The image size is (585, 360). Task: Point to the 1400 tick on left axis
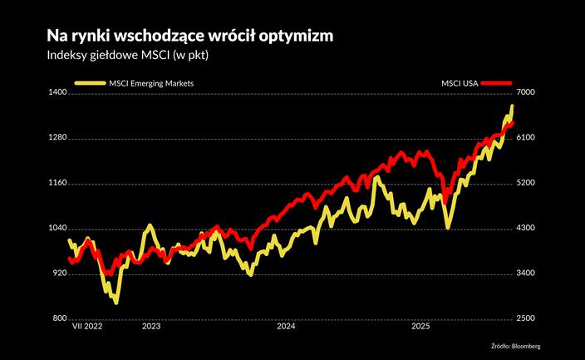[x=56, y=93]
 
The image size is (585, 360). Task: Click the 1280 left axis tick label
[x=56, y=138]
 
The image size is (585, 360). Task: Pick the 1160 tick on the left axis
[x=56, y=183]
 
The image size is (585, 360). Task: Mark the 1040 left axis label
[x=56, y=228]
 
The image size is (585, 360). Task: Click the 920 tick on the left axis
[x=57, y=273]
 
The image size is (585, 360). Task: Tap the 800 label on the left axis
[x=57, y=318]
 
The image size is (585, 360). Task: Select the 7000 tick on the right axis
[x=528, y=93]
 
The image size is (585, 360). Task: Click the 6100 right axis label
[x=528, y=138]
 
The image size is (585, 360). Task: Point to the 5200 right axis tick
[x=528, y=183]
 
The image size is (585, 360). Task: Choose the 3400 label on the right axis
[x=528, y=273]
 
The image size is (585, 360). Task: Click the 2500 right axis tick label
[x=528, y=318]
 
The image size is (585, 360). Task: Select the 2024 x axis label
[x=286, y=327]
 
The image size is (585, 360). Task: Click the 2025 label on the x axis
[x=421, y=327]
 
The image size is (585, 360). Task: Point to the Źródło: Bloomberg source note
[x=521, y=345]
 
